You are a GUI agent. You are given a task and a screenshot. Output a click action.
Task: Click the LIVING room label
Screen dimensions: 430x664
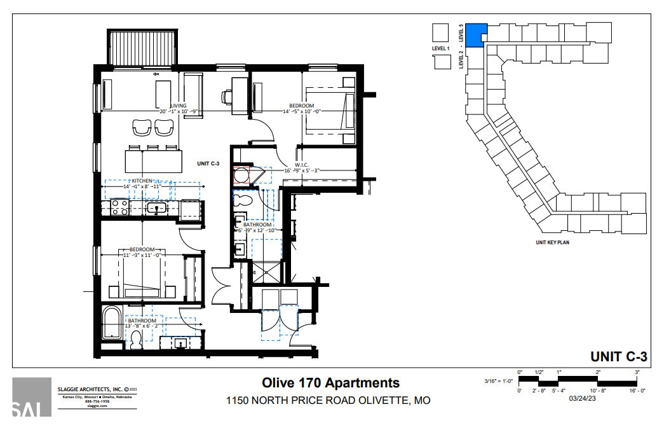[179, 106]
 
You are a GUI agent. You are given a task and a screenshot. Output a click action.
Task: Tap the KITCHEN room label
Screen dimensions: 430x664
[142, 181]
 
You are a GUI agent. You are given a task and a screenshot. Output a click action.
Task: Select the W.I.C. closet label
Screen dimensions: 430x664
[301, 164]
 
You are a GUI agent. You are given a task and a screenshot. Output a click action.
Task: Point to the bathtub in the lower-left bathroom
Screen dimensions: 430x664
[114, 323]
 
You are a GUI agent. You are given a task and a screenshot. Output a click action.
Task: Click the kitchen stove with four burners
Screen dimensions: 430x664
[119, 207]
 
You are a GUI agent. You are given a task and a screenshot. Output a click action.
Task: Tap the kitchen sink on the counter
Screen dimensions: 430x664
[156, 207]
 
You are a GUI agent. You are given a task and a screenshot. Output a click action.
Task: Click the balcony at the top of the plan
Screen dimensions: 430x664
[142, 47]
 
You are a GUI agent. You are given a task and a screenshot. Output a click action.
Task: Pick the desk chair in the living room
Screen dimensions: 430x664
[227, 97]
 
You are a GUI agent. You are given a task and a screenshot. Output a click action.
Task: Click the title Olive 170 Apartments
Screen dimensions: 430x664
[331, 383]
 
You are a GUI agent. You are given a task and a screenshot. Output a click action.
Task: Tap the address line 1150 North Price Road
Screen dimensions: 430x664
[329, 401]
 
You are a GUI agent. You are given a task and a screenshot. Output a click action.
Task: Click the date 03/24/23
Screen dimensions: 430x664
[583, 399]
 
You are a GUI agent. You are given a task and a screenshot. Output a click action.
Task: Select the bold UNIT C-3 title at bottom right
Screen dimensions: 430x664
[618, 356]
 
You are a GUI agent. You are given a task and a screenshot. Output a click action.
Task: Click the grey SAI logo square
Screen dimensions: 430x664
[32, 397]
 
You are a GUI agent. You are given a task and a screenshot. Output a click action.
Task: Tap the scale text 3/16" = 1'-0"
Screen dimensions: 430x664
[498, 381]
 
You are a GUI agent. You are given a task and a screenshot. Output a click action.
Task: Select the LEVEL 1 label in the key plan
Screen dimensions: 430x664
[440, 48]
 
